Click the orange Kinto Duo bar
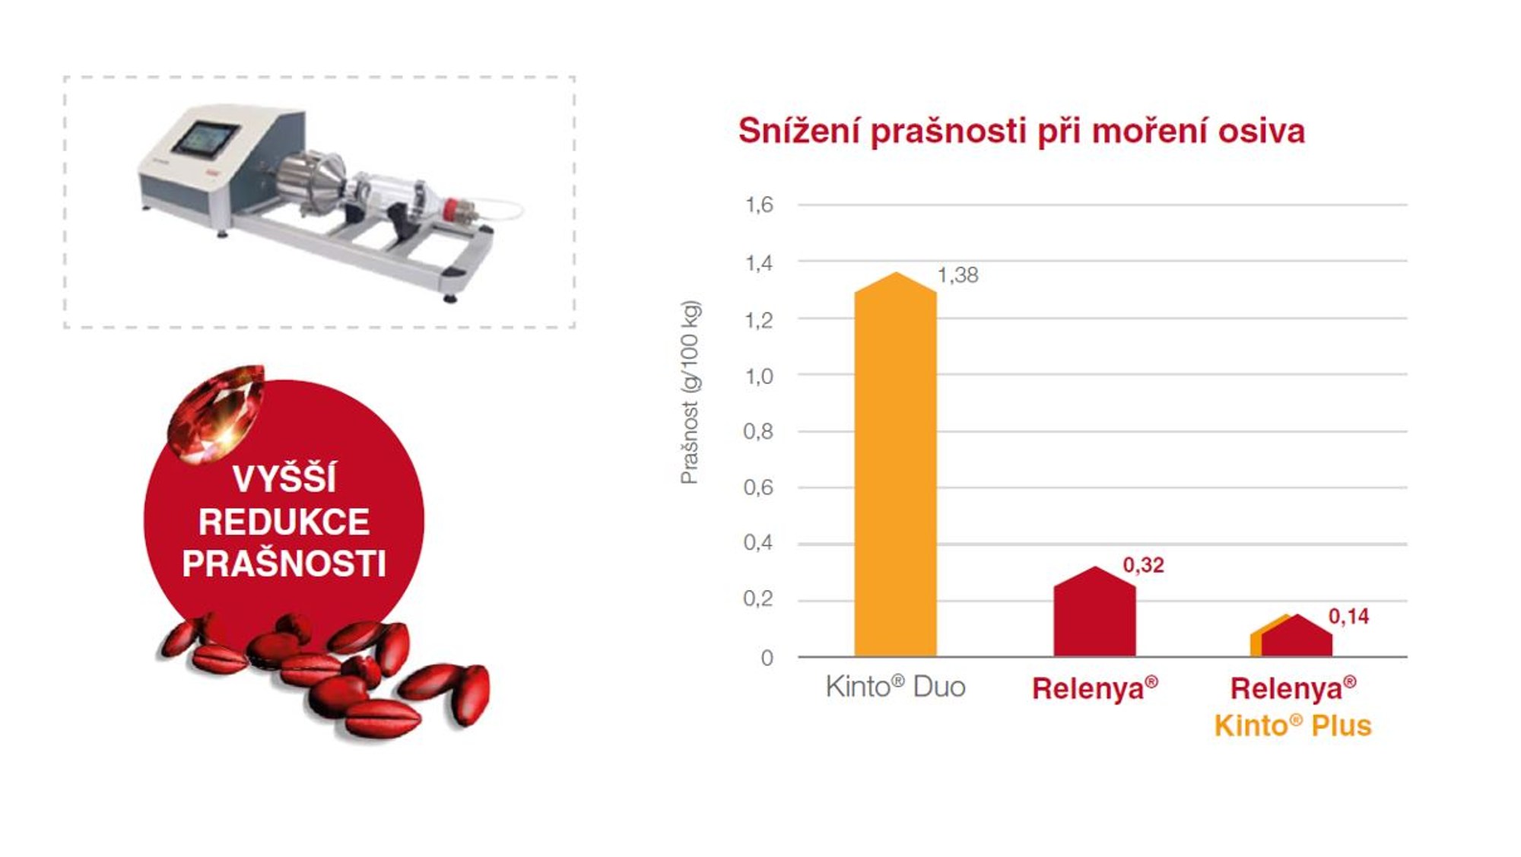[x=895, y=465]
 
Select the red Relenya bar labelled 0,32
[x=1094, y=612]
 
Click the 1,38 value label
[x=958, y=275]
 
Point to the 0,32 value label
[x=1143, y=565]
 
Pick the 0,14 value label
[x=1348, y=617]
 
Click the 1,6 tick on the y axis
[x=759, y=205]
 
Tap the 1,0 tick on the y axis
[x=759, y=376]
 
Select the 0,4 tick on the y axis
[x=758, y=543]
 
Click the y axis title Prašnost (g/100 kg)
[x=690, y=392]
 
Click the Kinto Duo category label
[x=895, y=687]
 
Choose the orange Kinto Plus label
[x=1293, y=726]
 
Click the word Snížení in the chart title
[x=799, y=131]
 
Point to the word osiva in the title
[x=1262, y=132]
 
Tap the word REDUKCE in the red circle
[x=284, y=522]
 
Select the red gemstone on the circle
[x=216, y=411]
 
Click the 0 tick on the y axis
[x=767, y=658]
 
